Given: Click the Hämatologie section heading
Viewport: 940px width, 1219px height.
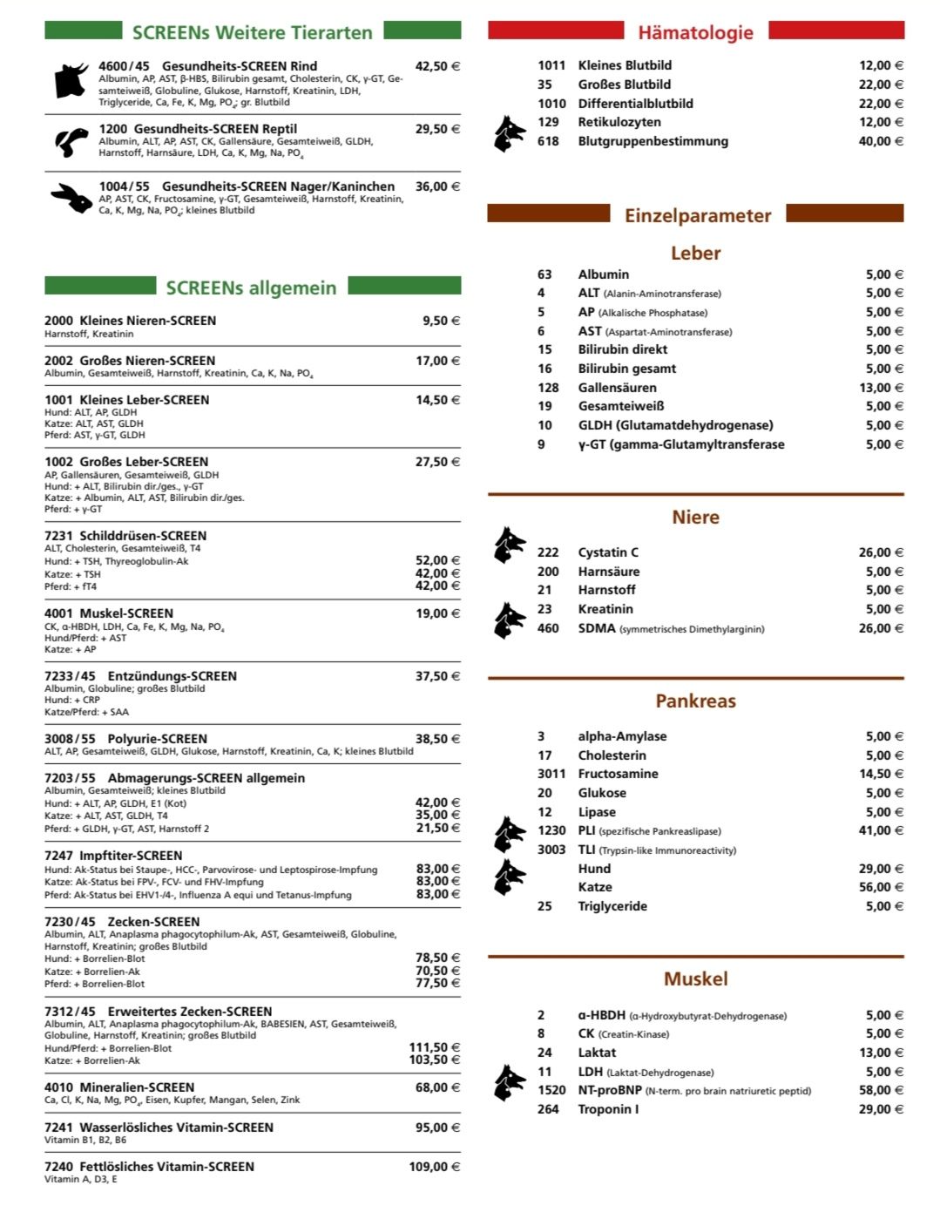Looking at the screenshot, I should coord(695,33).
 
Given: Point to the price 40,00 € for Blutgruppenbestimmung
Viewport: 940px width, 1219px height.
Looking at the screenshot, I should coord(881,141).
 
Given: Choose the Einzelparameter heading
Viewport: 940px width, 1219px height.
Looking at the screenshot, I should coord(697,215).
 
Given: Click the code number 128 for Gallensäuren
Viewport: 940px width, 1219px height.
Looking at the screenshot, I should coord(548,388).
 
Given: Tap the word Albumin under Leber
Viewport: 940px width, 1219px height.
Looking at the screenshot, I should coord(603,274).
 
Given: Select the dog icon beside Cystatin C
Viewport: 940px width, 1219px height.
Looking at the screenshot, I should coord(509,545).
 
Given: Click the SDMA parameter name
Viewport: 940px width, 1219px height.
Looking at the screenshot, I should coord(597,628).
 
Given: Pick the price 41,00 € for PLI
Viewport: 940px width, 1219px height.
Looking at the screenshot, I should coord(881,830).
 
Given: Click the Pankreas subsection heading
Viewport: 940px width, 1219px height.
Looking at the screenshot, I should coord(695,701).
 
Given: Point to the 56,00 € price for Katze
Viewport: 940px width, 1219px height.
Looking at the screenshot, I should coord(881,887).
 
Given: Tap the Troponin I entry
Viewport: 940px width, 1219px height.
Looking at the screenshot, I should coord(608,1109).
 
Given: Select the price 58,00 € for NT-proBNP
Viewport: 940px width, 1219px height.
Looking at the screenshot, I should coord(881,1090).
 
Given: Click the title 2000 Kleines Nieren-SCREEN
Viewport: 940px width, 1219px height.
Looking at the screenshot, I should coord(131,321).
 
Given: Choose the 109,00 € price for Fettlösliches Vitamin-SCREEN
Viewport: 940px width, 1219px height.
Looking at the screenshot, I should coord(434,1167).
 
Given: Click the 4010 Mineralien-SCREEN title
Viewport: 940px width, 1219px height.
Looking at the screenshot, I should coord(119,1087).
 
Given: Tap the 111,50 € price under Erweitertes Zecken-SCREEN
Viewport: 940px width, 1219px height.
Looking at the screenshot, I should coord(434,1047).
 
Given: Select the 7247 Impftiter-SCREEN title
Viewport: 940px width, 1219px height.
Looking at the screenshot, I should coord(113,856).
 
